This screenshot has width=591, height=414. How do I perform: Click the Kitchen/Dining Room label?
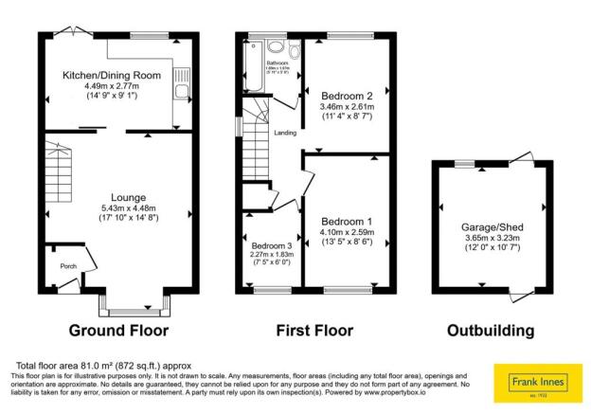point(112,76)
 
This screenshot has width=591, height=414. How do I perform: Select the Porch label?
point(68,266)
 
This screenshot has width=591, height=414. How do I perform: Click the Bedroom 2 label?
point(348,97)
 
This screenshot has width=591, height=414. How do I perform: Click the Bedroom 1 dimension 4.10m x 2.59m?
point(346,235)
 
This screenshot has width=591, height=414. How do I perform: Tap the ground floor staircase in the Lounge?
point(59,179)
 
